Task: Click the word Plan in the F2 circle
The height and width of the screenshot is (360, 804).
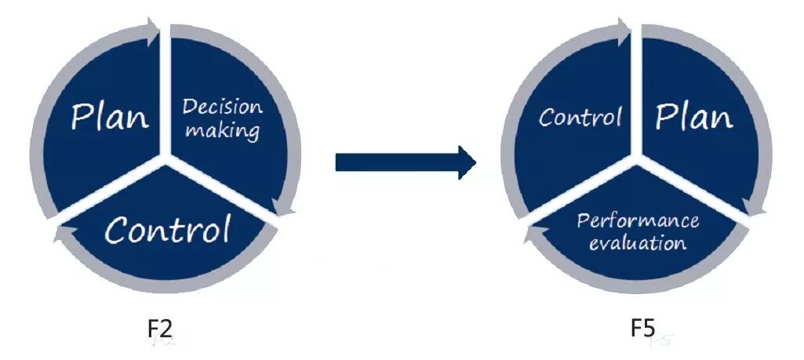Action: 109,117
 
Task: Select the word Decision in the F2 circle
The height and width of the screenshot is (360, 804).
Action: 223,107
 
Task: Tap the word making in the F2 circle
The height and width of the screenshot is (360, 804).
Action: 223,130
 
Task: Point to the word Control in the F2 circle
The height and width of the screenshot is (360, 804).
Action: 168,229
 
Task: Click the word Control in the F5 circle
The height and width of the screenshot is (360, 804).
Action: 580,117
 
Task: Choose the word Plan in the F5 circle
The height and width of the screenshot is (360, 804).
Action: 694,117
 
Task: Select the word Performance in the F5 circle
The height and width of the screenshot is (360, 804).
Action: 638,220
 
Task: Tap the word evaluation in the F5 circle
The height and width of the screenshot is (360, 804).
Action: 638,242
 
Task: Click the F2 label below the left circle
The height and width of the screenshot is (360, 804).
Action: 161,330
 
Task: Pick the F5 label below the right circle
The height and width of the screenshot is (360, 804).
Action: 642,328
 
